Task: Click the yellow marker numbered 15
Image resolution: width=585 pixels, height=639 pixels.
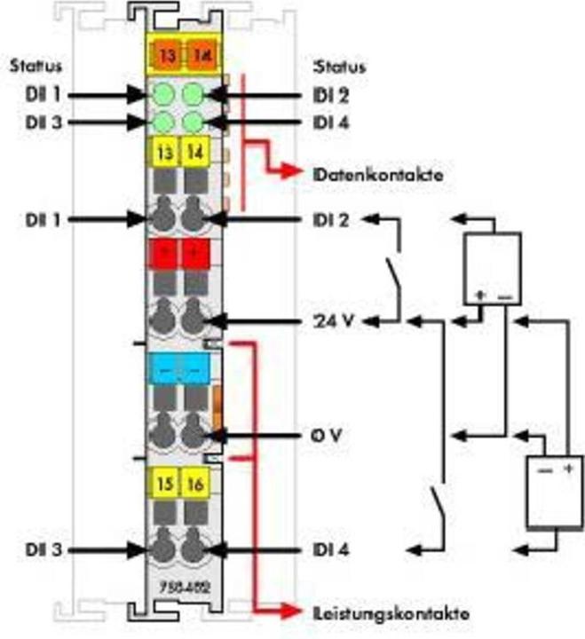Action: [165, 484]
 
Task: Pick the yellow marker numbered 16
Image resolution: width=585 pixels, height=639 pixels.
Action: [193, 484]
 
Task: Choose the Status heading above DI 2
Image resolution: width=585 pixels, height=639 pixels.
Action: [335, 66]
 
